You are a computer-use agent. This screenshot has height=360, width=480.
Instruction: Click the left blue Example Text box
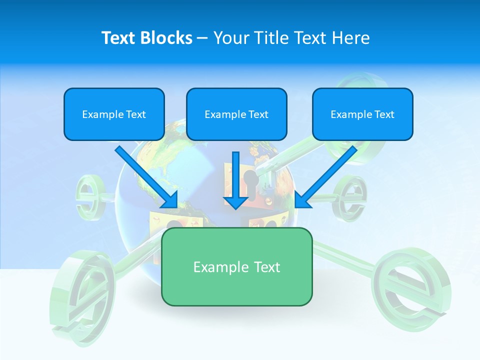click(x=114, y=114)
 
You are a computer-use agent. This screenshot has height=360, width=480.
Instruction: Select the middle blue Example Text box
click(x=236, y=114)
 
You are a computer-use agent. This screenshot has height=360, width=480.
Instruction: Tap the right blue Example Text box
click(x=362, y=114)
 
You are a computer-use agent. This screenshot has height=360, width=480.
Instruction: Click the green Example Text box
click(x=236, y=266)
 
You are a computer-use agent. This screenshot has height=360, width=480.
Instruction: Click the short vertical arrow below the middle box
click(x=235, y=180)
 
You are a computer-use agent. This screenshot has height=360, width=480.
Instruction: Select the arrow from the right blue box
click(x=328, y=175)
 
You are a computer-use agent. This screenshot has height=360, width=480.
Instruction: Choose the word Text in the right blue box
click(x=384, y=114)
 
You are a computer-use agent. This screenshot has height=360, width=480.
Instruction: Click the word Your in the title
click(x=230, y=37)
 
